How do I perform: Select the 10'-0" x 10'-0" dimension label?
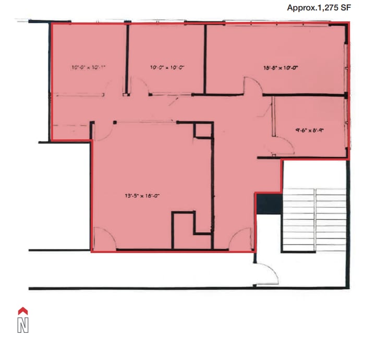point(167,67)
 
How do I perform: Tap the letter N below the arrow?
point(22,325)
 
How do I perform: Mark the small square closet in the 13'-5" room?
point(202,130)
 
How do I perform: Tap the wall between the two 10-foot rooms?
point(127,57)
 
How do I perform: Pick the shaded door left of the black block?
point(241,239)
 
